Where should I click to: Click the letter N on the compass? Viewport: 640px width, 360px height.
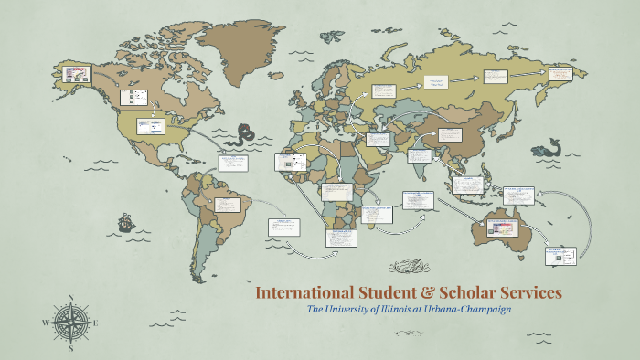pos(70,298)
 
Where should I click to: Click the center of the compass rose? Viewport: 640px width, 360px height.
pos(70,323)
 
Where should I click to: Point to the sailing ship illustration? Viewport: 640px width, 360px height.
pos(125,222)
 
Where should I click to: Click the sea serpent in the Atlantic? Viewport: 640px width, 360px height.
pos(243,135)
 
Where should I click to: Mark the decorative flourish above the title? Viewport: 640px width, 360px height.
pos(407,268)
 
